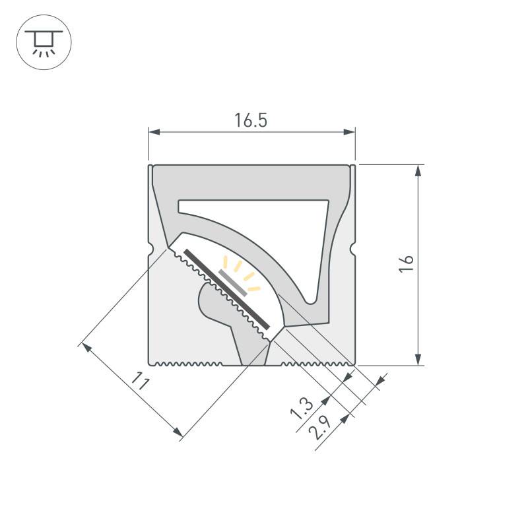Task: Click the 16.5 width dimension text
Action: click(x=251, y=120)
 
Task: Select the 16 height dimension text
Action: click(x=407, y=262)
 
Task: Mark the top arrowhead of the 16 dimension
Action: click(x=418, y=171)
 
